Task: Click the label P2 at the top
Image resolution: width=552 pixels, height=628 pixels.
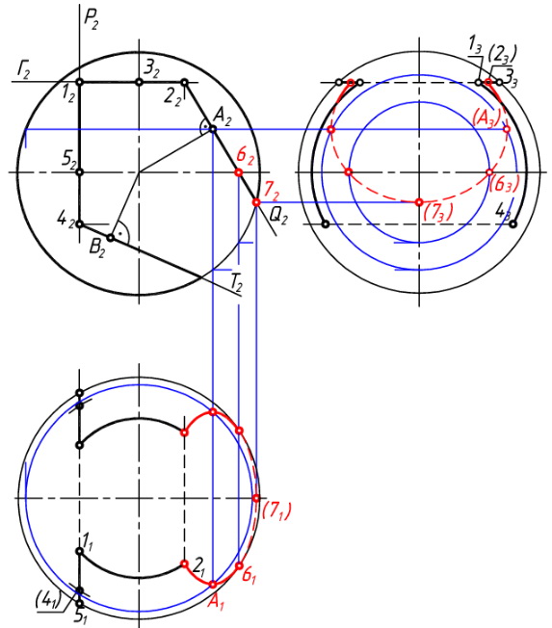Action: pyautogui.click(x=91, y=19)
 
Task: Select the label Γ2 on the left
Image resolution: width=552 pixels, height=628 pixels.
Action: pyautogui.click(x=23, y=70)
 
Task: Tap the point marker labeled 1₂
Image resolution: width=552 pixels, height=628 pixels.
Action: pyautogui.click(x=80, y=82)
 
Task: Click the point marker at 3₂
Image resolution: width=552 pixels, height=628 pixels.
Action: pyautogui.click(x=139, y=82)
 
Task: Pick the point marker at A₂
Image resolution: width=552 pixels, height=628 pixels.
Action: pyautogui.click(x=213, y=129)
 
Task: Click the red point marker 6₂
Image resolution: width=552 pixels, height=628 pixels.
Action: pyautogui.click(x=239, y=172)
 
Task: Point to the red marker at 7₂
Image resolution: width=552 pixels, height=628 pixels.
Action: pyautogui.click(x=256, y=202)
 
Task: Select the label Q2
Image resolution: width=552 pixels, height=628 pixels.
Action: pyautogui.click(x=278, y=217)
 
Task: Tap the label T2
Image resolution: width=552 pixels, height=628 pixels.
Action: pyautogui.click(x=236, y=282)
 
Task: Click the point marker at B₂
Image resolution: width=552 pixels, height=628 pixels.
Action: pyautogui.click(x=111, y=238)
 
